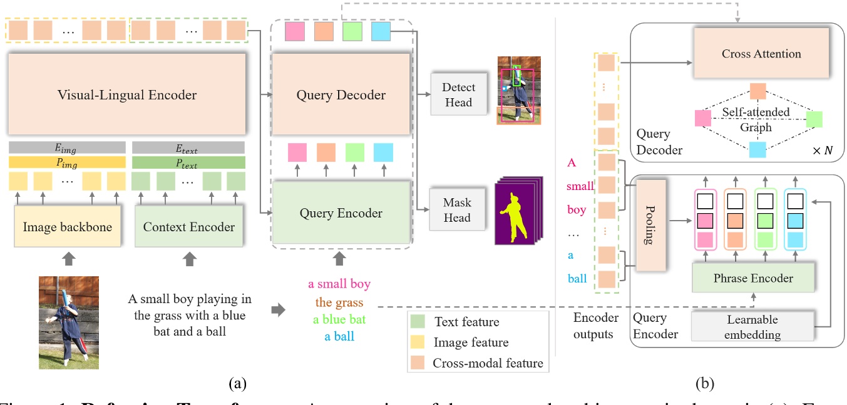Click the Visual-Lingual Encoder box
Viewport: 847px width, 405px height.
[127, 95]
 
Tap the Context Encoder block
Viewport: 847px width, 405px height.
[189, 227]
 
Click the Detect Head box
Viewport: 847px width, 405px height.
[458, 94]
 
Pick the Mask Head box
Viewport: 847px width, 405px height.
[458, 210]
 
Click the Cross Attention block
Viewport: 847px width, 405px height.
[761, 54]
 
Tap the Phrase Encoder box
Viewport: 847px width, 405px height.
[752, 278]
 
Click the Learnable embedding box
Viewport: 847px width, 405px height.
[752, 327]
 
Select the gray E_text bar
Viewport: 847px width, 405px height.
[188, 147]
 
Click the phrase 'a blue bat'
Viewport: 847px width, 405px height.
[339, 319]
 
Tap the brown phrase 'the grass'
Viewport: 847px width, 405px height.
[339, 302]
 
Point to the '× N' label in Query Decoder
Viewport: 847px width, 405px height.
[818, 151]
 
